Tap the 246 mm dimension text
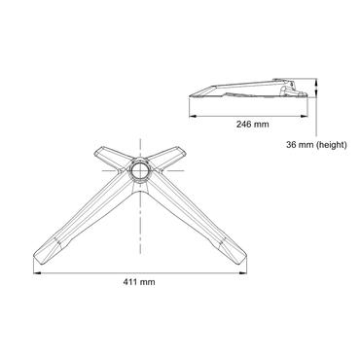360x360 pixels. click(x=253, y=125)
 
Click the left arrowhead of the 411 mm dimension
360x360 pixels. click(x=38, y=271)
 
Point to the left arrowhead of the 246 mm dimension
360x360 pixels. click(x=190, y=115)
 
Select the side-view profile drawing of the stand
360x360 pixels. click(x=253, y=90)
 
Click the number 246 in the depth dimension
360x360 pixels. click(x=246, y=125)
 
